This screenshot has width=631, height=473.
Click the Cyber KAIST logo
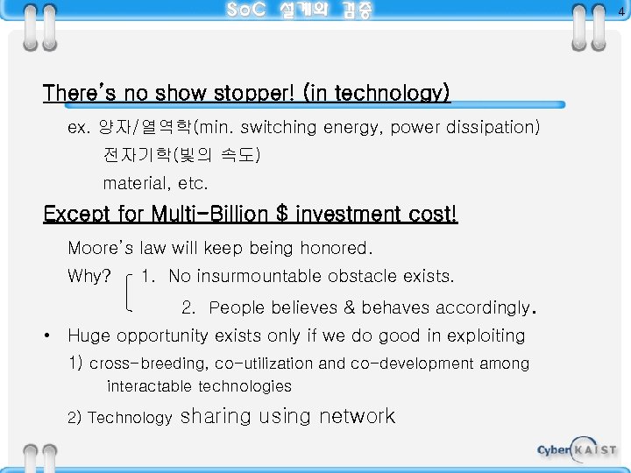pyautogui.click(x=577, y=449)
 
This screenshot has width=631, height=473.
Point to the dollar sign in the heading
pyautogui.click(x=281, y=214)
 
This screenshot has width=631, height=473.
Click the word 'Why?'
pyautogui.click(x=89, y=277)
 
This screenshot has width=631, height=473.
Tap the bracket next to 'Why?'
pyautogui.click(x=129, y=292)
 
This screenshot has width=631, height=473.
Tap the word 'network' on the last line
pyautogui.click(x=357, y=416)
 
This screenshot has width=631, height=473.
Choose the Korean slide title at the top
pyautogui.click(x=299, y=11)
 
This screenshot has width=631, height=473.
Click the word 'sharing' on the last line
pyautogui.click(x=216, y=416)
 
